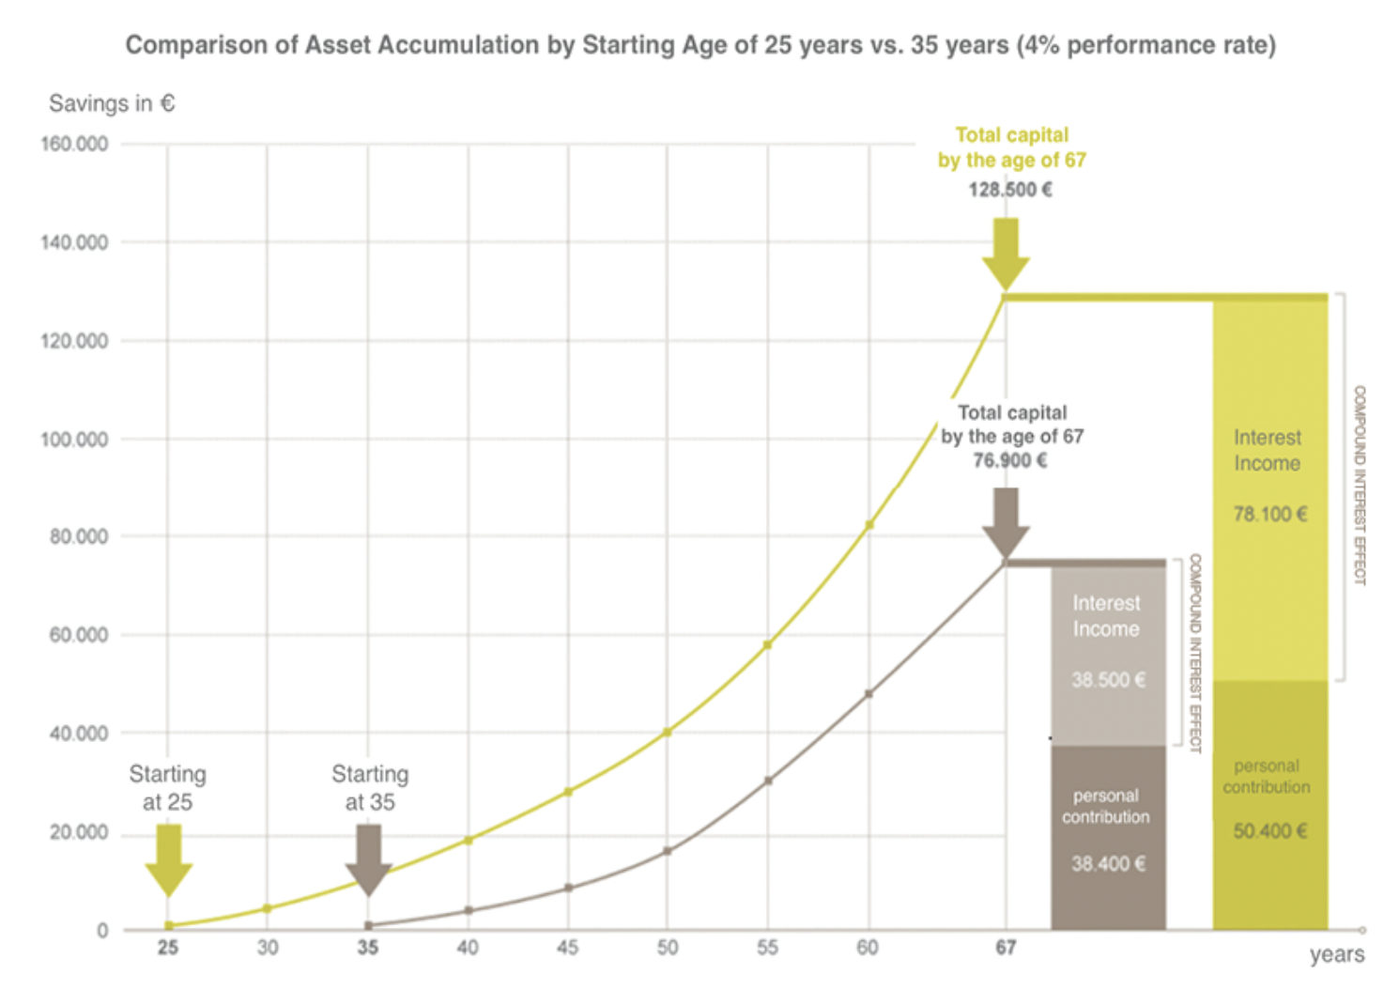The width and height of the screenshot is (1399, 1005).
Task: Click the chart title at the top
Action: click(x=700, y=45)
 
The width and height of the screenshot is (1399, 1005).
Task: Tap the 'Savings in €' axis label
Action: click(x=112, y=103)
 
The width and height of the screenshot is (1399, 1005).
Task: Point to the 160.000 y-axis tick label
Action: click(x=74, y=144)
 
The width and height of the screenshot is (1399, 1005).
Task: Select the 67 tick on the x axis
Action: click(x=1006, y=948)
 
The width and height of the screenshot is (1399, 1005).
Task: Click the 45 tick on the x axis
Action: click(x=567, y=948)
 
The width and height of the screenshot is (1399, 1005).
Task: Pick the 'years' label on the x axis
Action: click(x=1336, y=954)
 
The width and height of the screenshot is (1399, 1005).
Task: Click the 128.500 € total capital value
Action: click(x=1010, y=190)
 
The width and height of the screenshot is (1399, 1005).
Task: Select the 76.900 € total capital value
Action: click(x=1010, y=460)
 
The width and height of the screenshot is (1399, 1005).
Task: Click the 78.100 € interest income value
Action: click(x=1269, y=514)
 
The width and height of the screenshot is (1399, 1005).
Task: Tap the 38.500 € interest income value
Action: click(x=1108, y=680)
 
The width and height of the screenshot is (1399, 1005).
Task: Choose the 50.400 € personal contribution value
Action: click(x=1269, y=831)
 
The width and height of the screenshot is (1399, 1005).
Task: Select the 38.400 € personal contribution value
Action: click(x=1108, y=864)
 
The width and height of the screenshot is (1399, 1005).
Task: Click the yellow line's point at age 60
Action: click(x=869, y=525)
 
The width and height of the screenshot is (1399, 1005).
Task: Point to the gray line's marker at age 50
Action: click(x=668, y=851)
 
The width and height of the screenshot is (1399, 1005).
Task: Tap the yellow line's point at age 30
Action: click(x=268, y=908)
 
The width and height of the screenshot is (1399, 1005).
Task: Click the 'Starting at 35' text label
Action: click(x=370, y=788)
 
